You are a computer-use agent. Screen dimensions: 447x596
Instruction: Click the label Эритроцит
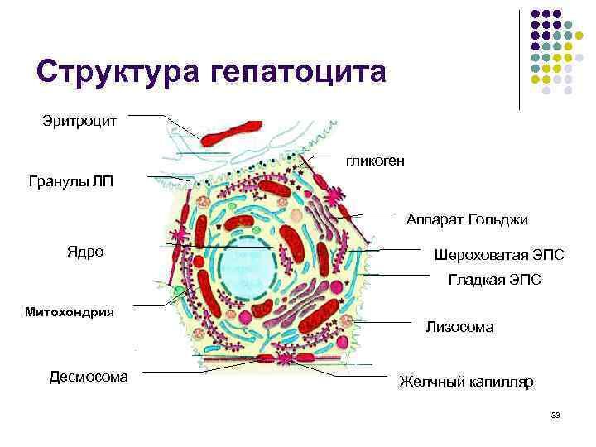click(79, 122)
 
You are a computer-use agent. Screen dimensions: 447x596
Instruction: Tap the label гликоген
click(376, 161)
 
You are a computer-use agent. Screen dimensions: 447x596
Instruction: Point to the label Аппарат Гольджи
click(467, 219)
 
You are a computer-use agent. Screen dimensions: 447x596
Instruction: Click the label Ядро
click(85, 251)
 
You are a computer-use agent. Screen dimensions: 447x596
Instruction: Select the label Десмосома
click(89, 377)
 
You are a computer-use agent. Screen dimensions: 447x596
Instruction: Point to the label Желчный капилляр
click(467, 382)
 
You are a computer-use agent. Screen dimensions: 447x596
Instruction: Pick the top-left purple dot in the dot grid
click(536, 14)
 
